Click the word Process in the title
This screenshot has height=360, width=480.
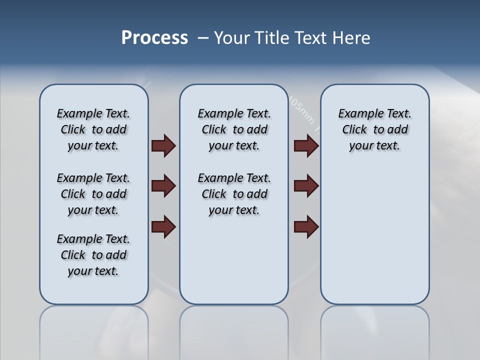[x=154, y=38]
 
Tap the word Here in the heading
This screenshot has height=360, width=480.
[x=351, y=38]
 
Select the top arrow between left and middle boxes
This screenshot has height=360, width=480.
[x=163, y=145]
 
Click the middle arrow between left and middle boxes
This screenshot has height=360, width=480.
[x=163, y=186]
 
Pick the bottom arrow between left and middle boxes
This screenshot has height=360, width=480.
[x=163, y=226]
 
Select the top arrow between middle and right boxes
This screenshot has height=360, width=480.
[x=306, y=145]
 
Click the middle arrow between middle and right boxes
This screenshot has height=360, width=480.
[x=306, y=186]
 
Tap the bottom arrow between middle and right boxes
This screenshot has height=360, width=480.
[x=306, y=226]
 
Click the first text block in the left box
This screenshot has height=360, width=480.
[x=93, y=129]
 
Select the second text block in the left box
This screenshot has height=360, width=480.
[x=93, y=194]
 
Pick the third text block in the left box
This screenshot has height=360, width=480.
[x=93, y=255]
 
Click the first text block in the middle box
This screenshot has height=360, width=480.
[x=234, y=129]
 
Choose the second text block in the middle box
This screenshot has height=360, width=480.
[x=234, y=194]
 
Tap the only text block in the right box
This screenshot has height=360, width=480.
[x=374, y=129]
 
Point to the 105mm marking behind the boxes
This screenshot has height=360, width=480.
[x=302, y=110]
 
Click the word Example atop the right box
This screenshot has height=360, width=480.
[x=357, y=113]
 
